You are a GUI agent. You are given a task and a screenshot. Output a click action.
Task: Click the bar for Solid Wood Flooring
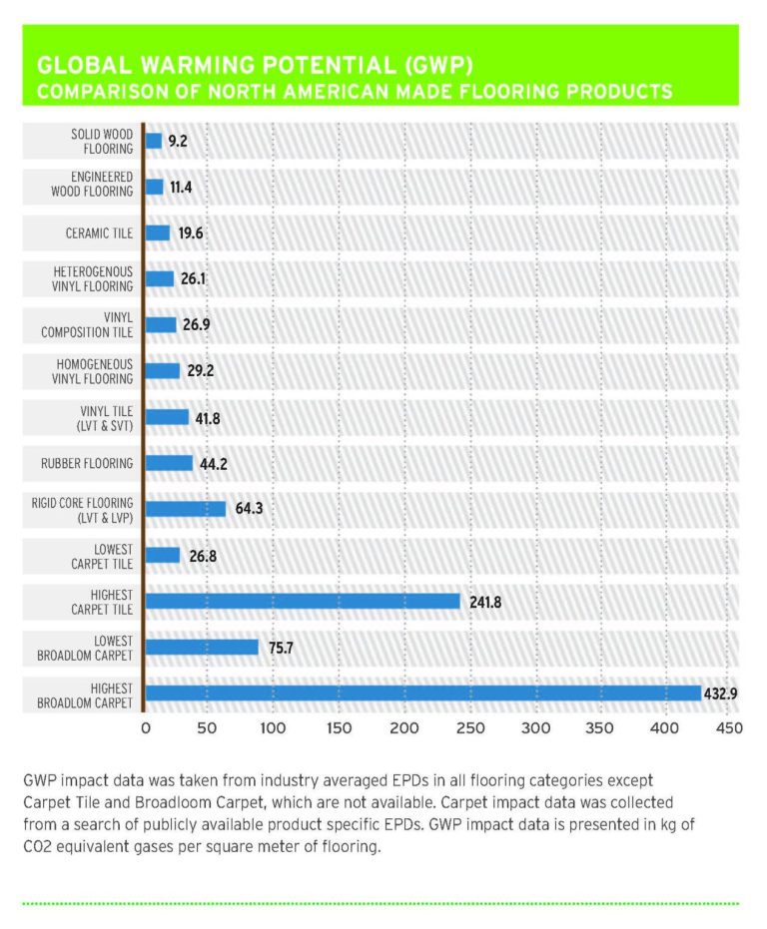tap(154, 141)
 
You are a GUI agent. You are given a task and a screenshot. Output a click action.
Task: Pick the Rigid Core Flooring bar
tap(186, 509)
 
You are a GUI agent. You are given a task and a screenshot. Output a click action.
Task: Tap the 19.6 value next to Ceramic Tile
tap(190, 232)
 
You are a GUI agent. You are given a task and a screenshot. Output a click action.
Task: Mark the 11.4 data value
tap(183, 187)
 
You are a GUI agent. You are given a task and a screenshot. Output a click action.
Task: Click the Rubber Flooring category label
tap(87, 463)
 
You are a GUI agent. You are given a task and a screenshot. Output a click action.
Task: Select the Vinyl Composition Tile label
tap(87, 325)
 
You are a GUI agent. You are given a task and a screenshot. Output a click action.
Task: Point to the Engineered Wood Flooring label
tap(87, 187)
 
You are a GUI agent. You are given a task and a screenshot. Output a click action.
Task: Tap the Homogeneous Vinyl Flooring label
tap(87, 371)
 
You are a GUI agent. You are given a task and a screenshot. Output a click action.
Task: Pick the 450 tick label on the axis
tap(728, 729)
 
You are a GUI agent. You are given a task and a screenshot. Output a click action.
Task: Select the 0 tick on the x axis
tap(145, 729)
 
